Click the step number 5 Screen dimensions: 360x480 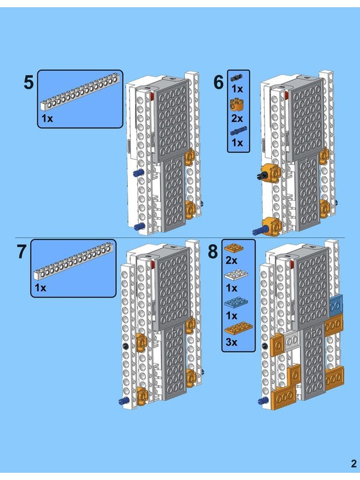28,82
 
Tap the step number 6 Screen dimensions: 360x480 218,82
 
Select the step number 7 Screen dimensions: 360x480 22,251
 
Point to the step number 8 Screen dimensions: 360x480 213,251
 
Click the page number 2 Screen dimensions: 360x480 354,463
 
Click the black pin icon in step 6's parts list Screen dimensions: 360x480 236,77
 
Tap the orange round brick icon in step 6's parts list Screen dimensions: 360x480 237,104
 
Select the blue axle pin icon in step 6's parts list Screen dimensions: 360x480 238,131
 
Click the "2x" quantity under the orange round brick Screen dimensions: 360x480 237,118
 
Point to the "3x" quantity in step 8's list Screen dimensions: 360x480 232,342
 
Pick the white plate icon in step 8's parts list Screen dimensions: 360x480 236,275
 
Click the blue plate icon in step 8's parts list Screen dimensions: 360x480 236,302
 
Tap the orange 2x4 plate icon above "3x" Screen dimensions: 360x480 238,328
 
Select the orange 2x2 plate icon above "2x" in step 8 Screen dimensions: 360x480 234,248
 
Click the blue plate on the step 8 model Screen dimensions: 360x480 336,306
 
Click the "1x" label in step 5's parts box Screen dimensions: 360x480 47,118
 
